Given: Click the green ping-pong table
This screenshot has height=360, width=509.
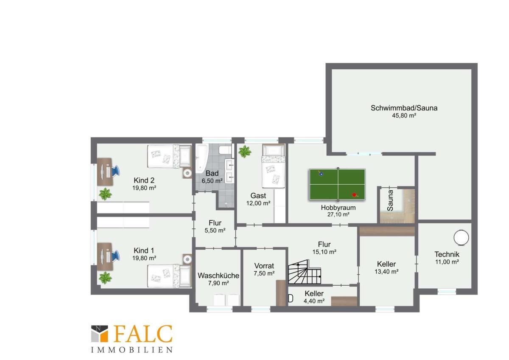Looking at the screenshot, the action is click(338, 184).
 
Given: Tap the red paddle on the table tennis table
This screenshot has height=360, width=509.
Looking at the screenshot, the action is click(355, 195).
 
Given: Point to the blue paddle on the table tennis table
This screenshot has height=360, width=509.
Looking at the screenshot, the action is click(321, 174).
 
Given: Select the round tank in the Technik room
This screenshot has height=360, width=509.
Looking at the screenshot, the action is click(461, 238).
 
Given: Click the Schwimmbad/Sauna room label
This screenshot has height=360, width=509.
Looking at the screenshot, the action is click(404, 108).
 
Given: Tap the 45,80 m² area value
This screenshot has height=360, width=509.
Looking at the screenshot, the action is click(404, 115).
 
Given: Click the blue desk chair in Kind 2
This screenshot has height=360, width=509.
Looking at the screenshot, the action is click(115, 171).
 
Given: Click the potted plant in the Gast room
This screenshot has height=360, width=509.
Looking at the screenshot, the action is click(245, 152).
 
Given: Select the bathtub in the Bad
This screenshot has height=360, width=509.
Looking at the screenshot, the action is click(201, 158).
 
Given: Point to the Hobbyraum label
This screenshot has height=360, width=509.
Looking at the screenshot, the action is click(338, 208).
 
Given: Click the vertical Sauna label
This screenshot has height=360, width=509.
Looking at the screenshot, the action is click(390, 200).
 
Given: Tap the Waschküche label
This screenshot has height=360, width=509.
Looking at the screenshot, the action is click(218, 276).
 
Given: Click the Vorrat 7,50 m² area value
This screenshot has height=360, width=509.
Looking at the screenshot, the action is click(264, 273).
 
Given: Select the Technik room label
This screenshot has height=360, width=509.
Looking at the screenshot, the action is click(447, 254).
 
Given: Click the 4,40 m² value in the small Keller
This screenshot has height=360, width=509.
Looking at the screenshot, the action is click(314, 301).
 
